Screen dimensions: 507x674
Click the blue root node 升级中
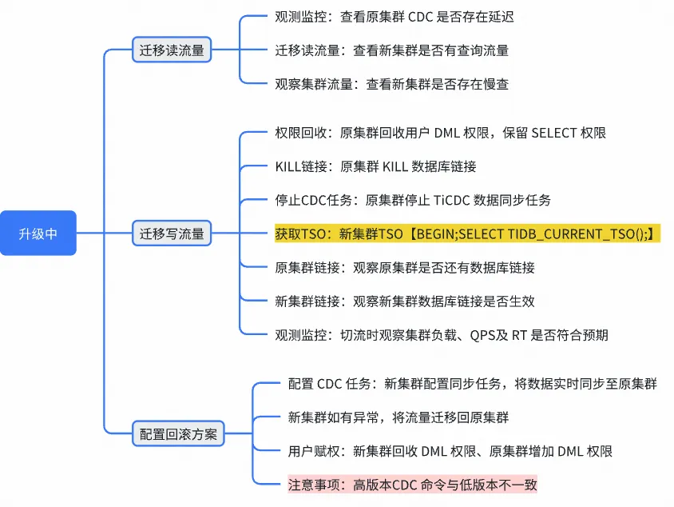pos(38,233)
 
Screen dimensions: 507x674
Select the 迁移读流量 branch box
pos(172,50)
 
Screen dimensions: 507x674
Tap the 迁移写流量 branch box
pos(172,234)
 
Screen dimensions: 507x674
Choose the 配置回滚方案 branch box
pos(178,434)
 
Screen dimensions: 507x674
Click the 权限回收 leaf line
pos(440,133)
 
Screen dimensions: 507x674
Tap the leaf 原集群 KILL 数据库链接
pos(375,166)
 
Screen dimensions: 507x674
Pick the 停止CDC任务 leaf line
pos(412,200)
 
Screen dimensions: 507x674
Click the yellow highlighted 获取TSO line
pos(467,234)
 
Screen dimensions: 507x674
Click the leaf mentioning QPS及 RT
pos(440,334)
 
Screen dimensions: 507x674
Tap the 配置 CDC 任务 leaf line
pos(472,384)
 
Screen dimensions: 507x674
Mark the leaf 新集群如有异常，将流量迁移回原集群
pos(398,417)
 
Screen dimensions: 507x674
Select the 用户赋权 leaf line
pos(450,451)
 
